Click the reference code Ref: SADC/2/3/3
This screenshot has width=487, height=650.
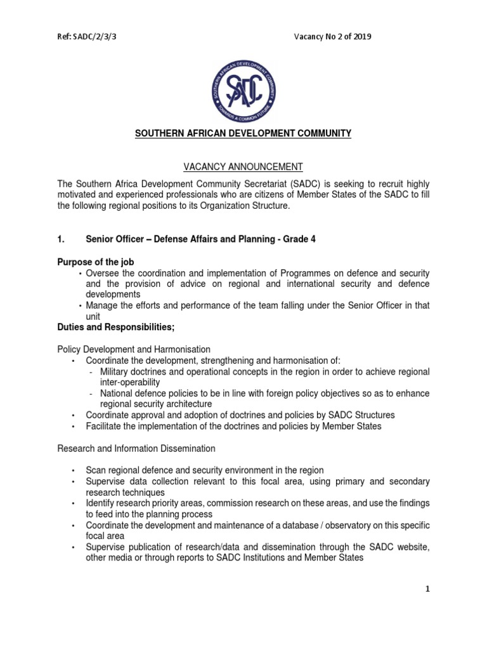[87, 37]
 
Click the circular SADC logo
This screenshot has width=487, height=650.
[243, 90]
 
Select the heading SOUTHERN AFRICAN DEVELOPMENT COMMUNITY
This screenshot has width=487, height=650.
[243, 134]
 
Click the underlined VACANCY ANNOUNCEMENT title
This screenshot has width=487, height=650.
[243, 167]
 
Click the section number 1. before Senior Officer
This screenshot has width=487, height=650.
[62, 239]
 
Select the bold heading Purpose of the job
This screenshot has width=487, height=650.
[96, 262]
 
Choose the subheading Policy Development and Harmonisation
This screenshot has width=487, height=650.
[134, 350]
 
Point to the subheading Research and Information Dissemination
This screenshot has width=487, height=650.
[136, 448]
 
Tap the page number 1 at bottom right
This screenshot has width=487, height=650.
[428, 589]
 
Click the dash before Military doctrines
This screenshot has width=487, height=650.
[93, 372]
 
